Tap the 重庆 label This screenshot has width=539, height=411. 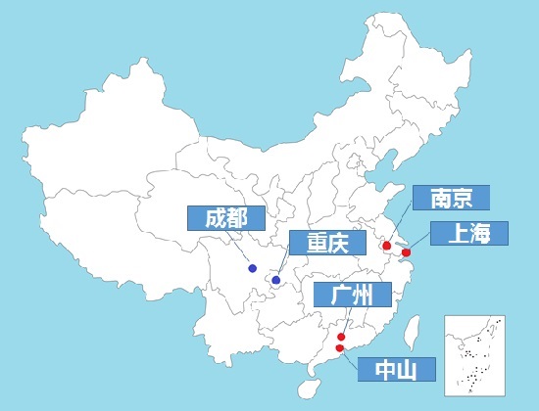click(x=326, y=244)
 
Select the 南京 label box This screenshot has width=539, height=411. click(x=451, y=199)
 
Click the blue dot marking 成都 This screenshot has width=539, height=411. click(x=252, y=268)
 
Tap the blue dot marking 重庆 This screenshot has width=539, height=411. click(x=276, y=281)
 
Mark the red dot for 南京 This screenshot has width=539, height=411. click(x=387, y=246)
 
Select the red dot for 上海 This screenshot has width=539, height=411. click(x=407, y=253)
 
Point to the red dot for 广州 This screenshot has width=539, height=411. click(x=340, y=337)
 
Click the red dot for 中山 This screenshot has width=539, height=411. click(x=339, y=347)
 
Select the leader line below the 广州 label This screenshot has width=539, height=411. click(x=344, y=321)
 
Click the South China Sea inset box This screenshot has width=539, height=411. click(x=476, y=352)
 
